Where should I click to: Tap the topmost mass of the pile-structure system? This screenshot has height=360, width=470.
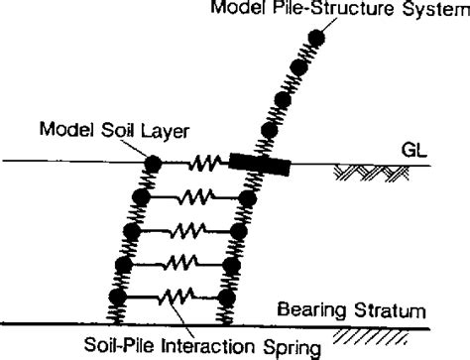point(315,39)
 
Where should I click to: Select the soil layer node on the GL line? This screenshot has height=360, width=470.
point(153,164)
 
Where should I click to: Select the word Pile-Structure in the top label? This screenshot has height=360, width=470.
point(324,11)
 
